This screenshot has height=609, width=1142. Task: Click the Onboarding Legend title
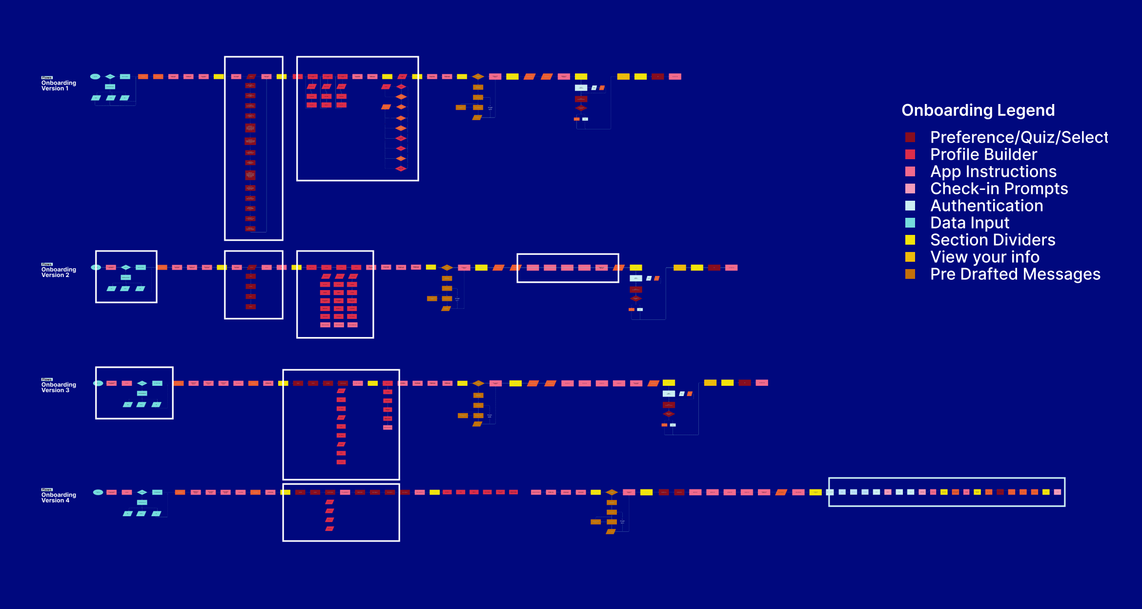point(978,110)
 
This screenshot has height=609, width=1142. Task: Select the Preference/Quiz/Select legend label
point(1019,137)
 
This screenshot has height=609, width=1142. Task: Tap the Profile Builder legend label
point(983,154)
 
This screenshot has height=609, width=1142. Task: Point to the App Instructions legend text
point(993,171)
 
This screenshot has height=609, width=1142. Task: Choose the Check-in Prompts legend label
point(999,189)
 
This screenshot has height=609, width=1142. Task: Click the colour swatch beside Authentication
point(910,206)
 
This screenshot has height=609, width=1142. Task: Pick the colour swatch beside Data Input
point(910,223)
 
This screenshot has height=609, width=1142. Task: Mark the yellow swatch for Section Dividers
point(910,240)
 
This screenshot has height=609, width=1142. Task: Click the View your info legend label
point(985,257)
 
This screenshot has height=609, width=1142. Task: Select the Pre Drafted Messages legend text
point(1015,274)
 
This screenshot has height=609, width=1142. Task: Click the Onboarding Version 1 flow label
point(59,85)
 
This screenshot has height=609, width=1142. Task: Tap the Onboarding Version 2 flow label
point(59,272)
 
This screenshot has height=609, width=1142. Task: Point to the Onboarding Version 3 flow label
point(59,387)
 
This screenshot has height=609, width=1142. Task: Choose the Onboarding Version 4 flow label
point(59,497)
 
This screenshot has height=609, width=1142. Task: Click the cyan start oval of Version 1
point(95,77)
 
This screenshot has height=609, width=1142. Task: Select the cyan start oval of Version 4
point(98,492)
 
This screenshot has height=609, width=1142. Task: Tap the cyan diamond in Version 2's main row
point(126,268)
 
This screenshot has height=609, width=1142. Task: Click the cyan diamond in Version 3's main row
point(142,383)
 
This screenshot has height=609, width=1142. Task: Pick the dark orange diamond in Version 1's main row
point(478,77)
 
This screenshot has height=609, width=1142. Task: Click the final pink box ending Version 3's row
point(762,383)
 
